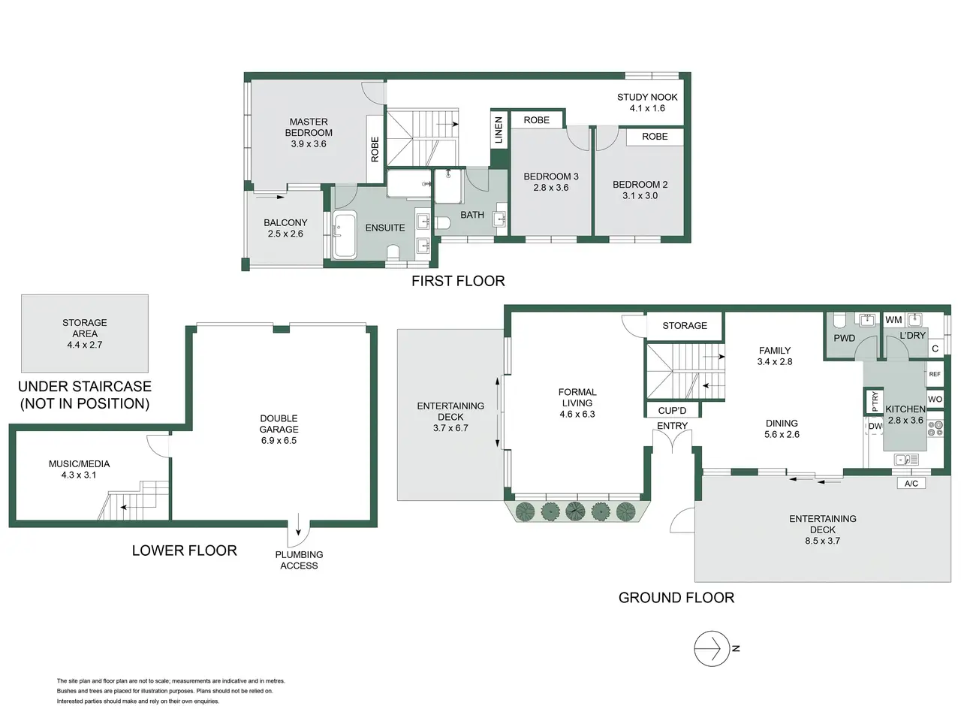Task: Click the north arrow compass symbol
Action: (x=712, y=648)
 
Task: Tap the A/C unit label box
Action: (x=911, y=483)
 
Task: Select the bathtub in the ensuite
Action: (x=345, y=235)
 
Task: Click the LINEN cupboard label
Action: (x=499, y=130)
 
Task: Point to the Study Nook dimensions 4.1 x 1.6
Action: (x=647, y=108)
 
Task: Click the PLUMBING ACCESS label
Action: (x=299, y=560)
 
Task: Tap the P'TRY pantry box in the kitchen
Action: (x=875, y=401)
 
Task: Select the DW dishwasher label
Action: (x=875, y=426)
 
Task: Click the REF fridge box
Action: (x=934, y=374)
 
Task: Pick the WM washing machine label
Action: (x=893, y=320)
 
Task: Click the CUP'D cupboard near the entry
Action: (x=672, y=411)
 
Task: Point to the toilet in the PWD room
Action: (x=839, y=321)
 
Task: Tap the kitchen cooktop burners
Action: (x=935, y=429)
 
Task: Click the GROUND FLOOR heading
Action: (x=676, y=598)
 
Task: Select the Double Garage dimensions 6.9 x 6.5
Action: (x=279, y=441)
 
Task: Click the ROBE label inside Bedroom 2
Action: (x=655, y=137)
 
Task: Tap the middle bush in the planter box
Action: (x=575, y=511)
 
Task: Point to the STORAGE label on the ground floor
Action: (x=684, y=326)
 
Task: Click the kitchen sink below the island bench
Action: (x=906, y=460)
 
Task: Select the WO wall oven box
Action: (x=934, y=400)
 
